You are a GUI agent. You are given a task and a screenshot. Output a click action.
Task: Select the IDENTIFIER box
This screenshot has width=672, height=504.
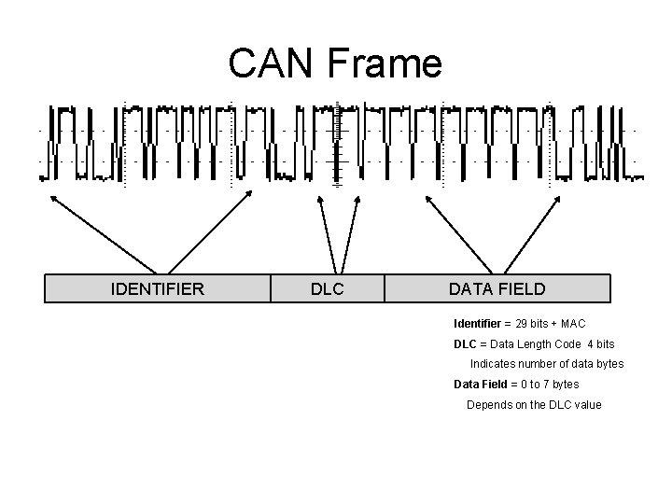pyautogui.click(x=157, y=288)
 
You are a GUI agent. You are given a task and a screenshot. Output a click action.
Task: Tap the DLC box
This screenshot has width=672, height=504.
pyautogui.click(x=327, y=288)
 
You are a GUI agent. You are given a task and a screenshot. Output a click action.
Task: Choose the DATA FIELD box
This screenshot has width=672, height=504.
pyautogui.click(x=497, y=288)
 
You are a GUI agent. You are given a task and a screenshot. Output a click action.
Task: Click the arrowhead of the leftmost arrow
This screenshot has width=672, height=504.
pyautogui.click(x=52, y=196)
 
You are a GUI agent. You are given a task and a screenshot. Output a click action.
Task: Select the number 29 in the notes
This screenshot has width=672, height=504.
pyautogui.click(x=522, y=324)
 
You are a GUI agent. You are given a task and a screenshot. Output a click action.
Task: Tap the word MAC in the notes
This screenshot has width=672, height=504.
pyautogui.click(x=574, y=324)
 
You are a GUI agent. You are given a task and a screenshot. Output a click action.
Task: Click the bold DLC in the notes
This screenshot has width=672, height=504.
pyautogui.click(x=465, y=344)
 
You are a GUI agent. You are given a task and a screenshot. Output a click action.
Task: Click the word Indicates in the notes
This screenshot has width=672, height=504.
pyautogui.click(x=492, y=364)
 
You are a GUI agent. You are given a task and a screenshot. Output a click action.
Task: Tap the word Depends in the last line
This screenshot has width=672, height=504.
pyautogui.click(x=488, y=405)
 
